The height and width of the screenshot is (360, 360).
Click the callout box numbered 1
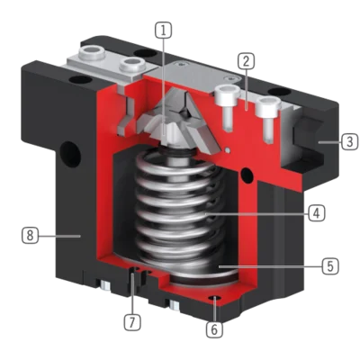point(164,31)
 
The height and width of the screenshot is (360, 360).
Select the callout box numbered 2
point(246,61)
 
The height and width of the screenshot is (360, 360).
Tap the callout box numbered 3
point(350,141)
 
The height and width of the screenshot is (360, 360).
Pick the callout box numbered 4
point(317,213)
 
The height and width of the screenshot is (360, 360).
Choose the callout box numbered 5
point(330,266)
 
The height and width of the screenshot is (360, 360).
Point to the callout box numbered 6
point(214,329)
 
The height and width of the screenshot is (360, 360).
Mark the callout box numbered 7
point(132,322)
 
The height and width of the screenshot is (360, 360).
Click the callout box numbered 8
point(30,236)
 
